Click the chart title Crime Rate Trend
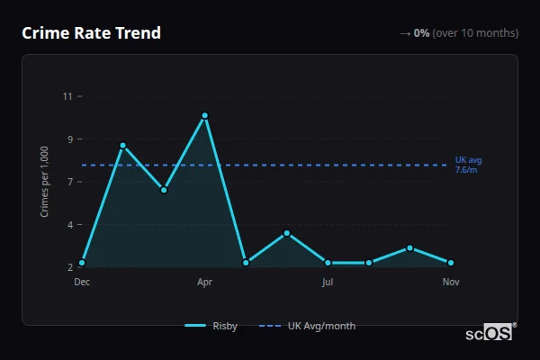click(x=91, y=33)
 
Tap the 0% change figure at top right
click(x=421, y=33)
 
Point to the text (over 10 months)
click(x=475, y=33)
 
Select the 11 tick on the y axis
click(x=67, y=95)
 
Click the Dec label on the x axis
click(x=82, y=282)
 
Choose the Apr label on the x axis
click(x=204, y=282)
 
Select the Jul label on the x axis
click(x=328, y=282)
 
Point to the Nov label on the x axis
click(x=451, y=282)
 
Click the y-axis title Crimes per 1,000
click(x=45, y=182)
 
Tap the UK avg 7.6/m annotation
click(x=469, y=165)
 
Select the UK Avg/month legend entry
click(x=307, y=326)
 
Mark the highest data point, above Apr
click(x=205, y=115)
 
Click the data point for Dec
click(x=82, y=263)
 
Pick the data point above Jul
click(x=328, y=263)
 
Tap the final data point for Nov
click(x=451, y=263)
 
